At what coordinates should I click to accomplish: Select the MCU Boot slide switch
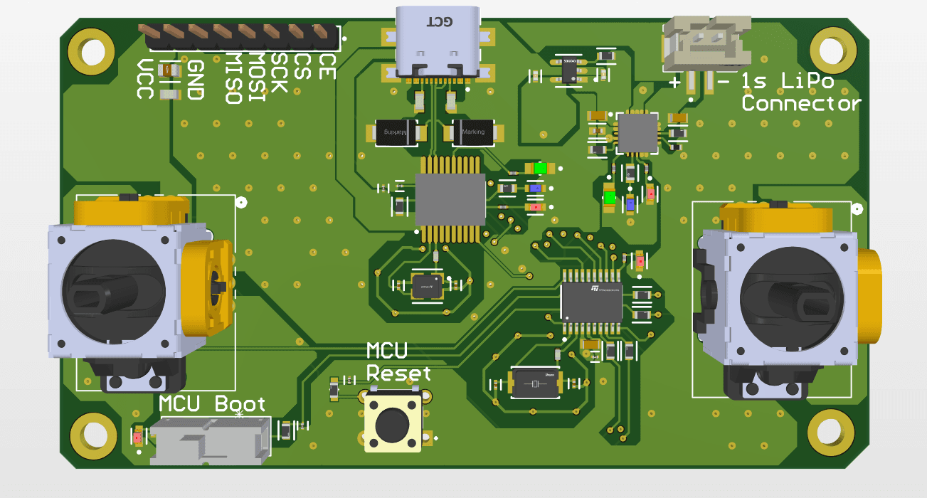coord(211,440)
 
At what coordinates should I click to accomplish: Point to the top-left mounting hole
coord(90,50)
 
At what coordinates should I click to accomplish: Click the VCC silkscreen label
coord(146,79)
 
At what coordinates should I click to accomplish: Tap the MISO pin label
coord(233,78)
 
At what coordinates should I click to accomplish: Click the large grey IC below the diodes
coord(450,200)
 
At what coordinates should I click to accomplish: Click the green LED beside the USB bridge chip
coord(541,169)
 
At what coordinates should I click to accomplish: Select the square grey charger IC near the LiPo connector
coord(637,132)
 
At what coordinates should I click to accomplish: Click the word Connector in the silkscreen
coord(800,104)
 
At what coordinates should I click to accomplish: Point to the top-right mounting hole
coord(829,49)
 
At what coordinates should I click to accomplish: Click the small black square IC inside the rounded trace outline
coord(428,285)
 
